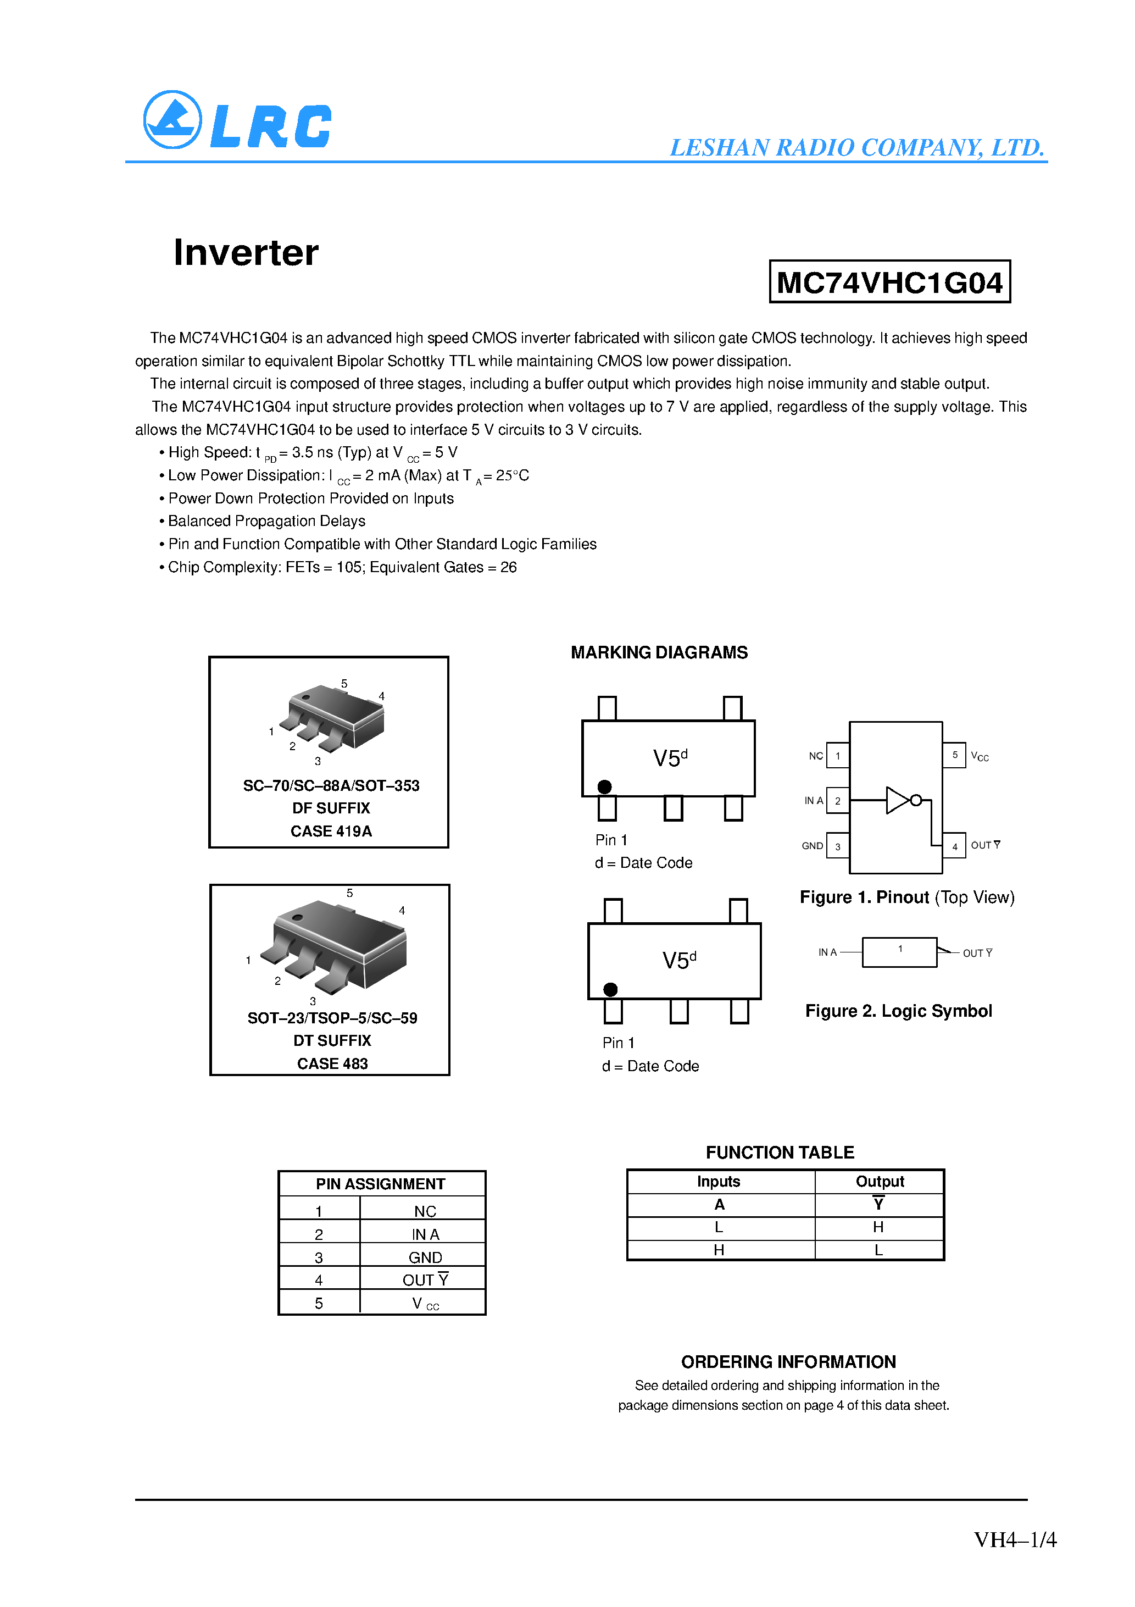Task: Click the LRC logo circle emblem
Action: (x=172, y=120)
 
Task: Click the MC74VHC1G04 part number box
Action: (x=889, y=282)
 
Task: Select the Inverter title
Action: (x=246, y=253)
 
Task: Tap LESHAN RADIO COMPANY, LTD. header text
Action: (x=856, y=148)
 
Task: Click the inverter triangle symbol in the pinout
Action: (x=897, y=800)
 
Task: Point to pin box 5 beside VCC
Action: (x=954, y=755)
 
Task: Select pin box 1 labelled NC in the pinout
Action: (x=838, y=756)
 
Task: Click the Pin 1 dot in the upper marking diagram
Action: (x=605, y=786)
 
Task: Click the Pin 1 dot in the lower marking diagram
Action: (x=610, y=989)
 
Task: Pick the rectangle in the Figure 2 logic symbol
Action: (x=899, y=952)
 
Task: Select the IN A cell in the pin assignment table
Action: (x=425, y=1234)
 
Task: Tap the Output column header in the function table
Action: (x=880, y=1182)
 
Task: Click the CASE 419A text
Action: (x=331, y=832)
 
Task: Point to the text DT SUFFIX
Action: (x=332, y=1041)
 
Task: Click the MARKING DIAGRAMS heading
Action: (x=659, y=652)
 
